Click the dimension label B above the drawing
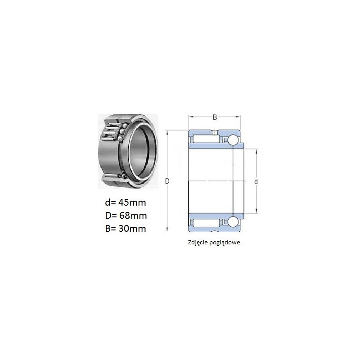pyautogui.click(x=215, y=117)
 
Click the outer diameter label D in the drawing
pyautogui.click(x=167, y=181)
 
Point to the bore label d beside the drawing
pyautogui.click(x=256, y=182)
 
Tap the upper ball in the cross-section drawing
pyautogui.click(x=233, y=140)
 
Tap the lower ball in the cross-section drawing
pyautogui.click(x=233, y=222)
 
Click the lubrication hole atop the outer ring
pyautogui.click(x=215, y=132)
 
